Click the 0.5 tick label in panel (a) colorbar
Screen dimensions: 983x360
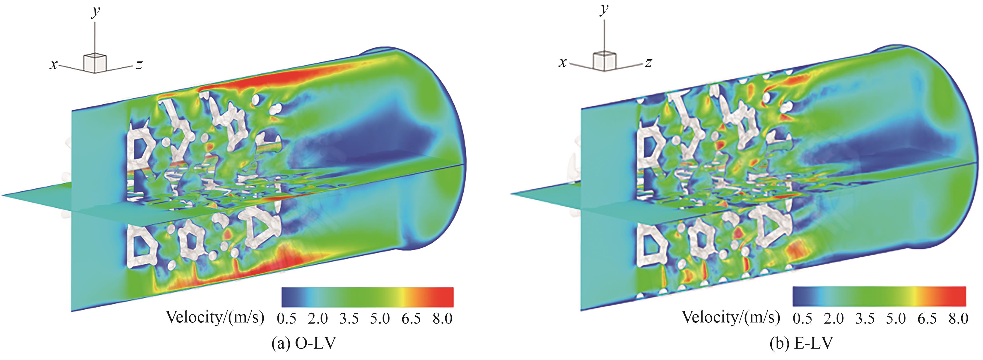tap(287, 318)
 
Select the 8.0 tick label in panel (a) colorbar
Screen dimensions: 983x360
tap(443, 318)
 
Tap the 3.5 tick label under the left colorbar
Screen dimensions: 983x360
tap(349, 318)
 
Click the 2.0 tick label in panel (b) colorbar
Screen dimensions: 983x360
tap(834, 318)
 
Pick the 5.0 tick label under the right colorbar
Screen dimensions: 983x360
tap(896, 318)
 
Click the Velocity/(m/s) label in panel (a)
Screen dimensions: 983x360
tap(215, 317)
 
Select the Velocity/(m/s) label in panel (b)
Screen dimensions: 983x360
tap(731, 317)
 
